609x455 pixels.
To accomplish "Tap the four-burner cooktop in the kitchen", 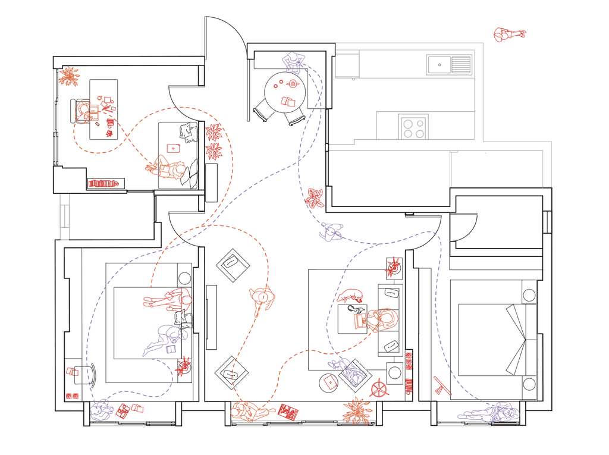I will [414, 127].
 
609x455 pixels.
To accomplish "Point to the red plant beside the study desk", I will [69, 76].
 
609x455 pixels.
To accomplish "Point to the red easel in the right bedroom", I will [442, 385].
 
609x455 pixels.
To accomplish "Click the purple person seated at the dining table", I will [293, 61].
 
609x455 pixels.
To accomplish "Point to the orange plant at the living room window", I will [357, 410].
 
